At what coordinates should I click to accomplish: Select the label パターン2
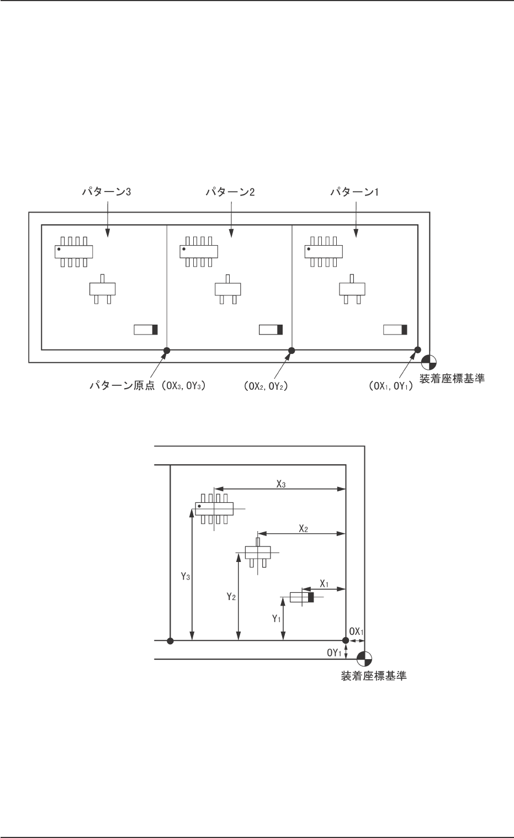tap(231, 193)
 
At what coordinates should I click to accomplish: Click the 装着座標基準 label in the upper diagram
tap(452, 379)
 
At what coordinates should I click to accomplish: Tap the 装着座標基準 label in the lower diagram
tap(374, 676)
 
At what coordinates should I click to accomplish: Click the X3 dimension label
tap(281, 482)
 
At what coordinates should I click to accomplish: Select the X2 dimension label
tap(303, 528)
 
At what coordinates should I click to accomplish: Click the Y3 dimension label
tap(186, 577)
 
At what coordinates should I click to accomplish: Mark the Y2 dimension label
tap(232, 596)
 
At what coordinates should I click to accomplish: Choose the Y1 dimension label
tap(277, 619)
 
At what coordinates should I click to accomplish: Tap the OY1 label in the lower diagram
tap(333, 653)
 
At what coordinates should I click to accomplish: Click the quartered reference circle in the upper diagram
tap(430, 363)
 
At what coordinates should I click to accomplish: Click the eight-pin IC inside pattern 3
tap(73, 251)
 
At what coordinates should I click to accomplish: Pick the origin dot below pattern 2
tap(292, 350)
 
